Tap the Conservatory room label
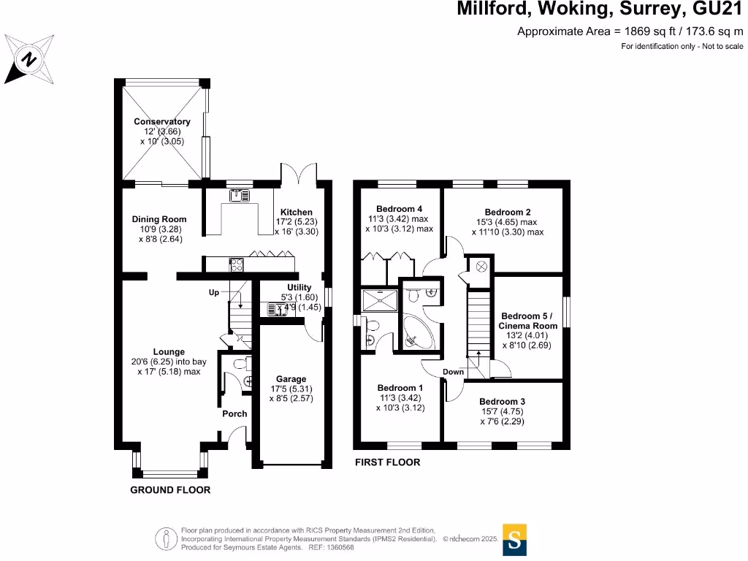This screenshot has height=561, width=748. click(x=161, y=122)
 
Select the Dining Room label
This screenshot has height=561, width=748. click(x=159, y=219)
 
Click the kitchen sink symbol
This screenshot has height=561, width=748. click(x=239, y=195)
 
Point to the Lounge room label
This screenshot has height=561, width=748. click(x=169, y=351)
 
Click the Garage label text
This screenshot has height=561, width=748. click(x=291, y=379)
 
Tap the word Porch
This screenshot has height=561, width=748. click(x=234, y=413)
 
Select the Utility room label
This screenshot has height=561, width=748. click(x=299, y=287)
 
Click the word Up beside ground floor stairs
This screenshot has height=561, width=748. click(x=213, y=292)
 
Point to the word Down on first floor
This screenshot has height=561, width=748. click(x=453, y=372)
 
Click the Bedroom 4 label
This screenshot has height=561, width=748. click(x=399, y=209)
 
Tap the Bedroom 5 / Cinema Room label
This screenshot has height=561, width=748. click(x=529, y=321)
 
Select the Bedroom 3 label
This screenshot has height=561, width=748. click(x=502, y=402)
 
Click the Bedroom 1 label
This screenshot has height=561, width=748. click(x=400, y=388)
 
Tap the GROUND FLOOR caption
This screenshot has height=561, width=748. click(x=170, y=490)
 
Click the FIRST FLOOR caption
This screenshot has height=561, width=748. click(x=387, y=462)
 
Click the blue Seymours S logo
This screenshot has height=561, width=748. click(x=515, y=540)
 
